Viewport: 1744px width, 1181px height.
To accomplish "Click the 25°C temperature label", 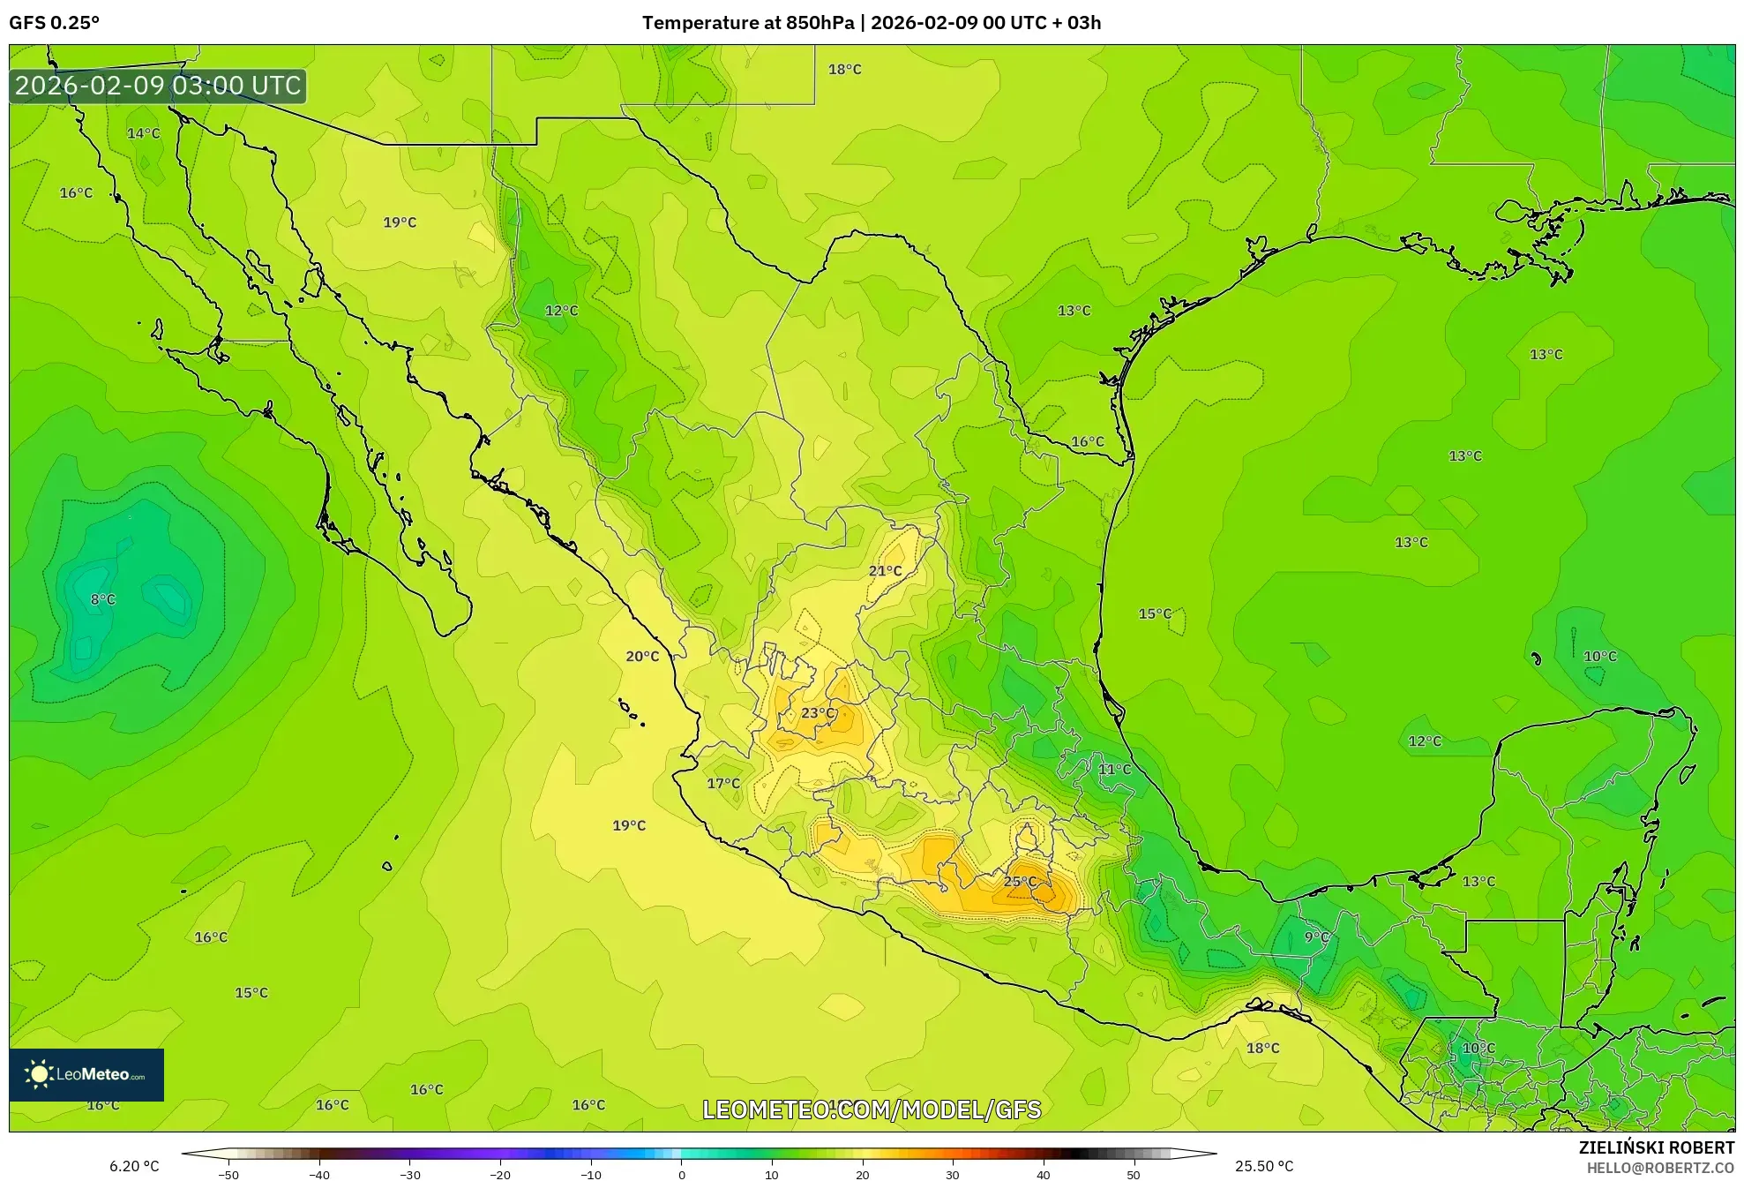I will (1020, 882).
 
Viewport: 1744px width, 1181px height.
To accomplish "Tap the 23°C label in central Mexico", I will (817, 713).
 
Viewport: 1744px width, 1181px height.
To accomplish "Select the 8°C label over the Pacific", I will (103, 599).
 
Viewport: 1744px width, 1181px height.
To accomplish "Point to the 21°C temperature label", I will (885, 571).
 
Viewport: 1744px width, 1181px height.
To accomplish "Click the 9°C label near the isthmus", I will (1316, 937).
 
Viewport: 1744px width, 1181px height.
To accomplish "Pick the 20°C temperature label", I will (642, 657).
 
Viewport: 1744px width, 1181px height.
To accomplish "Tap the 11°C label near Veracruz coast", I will (1114, 770).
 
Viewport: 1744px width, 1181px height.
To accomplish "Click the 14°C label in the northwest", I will (144, 133).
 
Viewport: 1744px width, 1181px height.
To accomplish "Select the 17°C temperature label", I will (723, 784).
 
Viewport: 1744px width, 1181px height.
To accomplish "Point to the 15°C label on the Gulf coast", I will (1155, 613).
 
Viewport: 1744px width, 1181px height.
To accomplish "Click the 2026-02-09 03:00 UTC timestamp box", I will (158, 87).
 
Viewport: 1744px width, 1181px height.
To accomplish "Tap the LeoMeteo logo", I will (86, 1074).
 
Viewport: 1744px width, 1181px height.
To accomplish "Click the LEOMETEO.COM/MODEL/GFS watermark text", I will (872, 1110).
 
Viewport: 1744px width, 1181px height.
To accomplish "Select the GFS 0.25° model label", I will (55, 23).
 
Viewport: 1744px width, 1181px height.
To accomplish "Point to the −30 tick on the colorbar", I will (410, 1175).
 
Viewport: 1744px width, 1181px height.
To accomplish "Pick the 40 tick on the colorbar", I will (1043, 1175).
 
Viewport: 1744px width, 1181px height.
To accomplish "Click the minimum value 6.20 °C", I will (134, 1166).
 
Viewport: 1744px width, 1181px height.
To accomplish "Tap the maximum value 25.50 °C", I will (1264, 1166).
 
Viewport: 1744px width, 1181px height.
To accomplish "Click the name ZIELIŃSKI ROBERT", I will (1656, 1147).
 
